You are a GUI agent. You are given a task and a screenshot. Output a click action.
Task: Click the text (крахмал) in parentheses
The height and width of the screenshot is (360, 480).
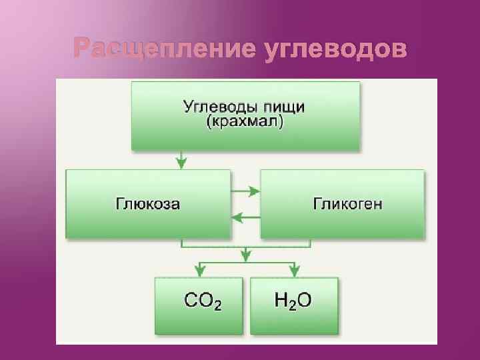coord(245,123)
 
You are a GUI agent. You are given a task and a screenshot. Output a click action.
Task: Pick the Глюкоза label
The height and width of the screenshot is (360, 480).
coord(148,204)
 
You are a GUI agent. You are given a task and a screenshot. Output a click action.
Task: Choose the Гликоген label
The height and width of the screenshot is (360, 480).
coord(348,204)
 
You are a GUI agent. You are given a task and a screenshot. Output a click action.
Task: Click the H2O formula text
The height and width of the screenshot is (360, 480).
coord(293,301)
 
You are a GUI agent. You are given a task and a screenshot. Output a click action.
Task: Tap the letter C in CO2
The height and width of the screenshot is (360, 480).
coord(191,301)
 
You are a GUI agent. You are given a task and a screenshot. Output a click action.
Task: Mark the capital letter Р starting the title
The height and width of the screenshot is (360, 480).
coord(82,49)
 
